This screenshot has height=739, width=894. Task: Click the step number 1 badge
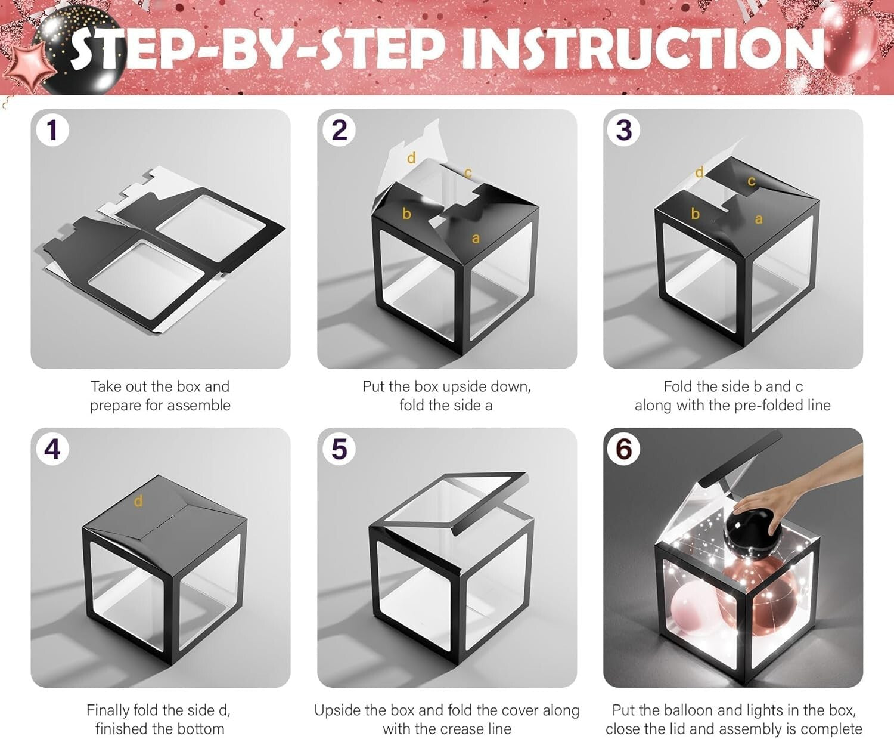click(x=52, y=130)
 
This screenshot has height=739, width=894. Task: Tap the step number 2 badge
click(x=339, y=130)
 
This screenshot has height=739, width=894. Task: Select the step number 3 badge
click(x=624, y=130)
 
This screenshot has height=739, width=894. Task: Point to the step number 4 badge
click(x=52, y=449)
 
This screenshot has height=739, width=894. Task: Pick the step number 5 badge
click(x=339, y=449)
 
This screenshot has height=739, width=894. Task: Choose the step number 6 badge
click(x=624, y=449)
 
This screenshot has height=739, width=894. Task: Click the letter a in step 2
click(x=475, y=239)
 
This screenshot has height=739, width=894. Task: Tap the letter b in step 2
click(x=406, y=213)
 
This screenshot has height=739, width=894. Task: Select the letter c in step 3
click(x=751, y=182)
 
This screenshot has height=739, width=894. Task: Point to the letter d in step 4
click(x=138, y=500)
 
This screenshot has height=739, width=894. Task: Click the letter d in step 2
click(x=411, y=157)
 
